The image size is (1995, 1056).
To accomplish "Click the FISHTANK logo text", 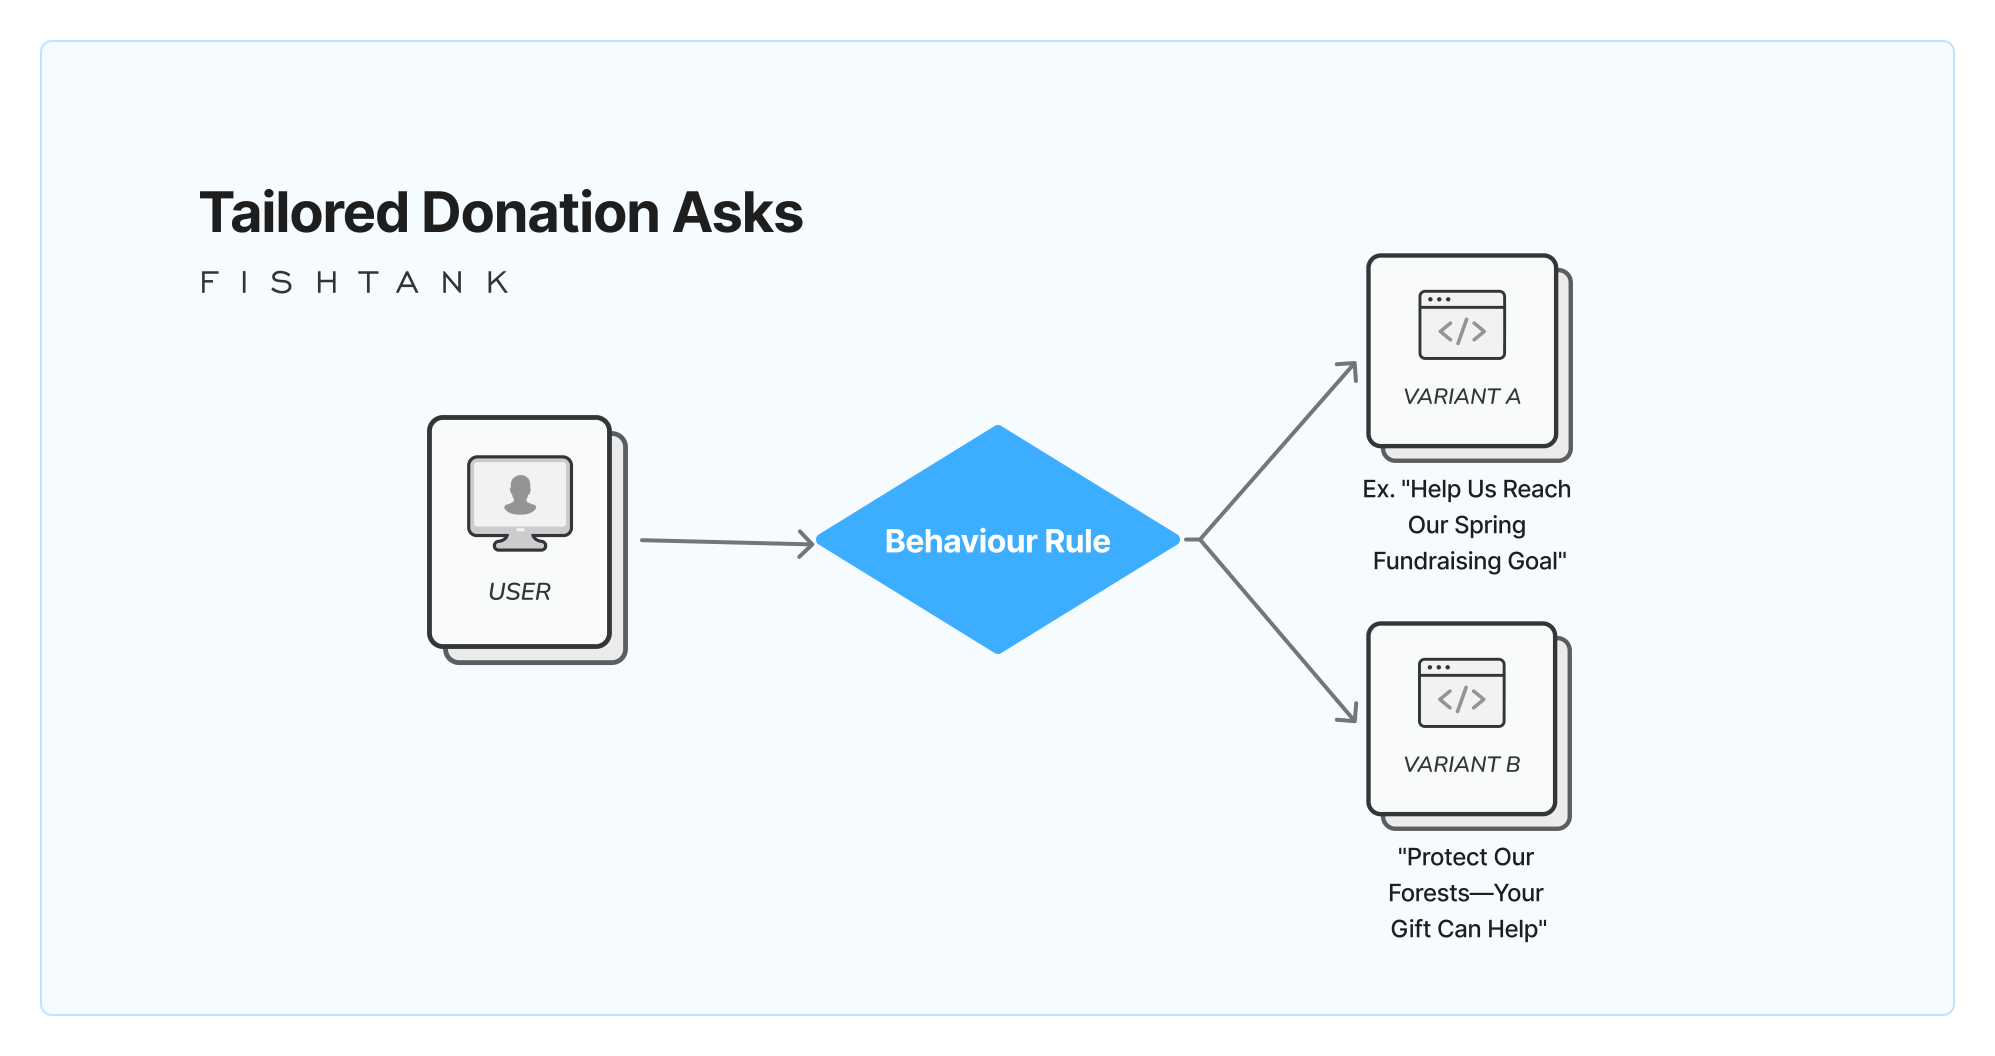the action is [354, 282].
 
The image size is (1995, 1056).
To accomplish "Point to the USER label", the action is [519, 591].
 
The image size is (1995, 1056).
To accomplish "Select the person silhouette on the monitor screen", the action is [519, 494].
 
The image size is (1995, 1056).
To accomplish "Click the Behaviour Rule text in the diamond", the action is [997, 541].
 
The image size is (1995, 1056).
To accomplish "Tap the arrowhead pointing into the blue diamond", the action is [807, 543].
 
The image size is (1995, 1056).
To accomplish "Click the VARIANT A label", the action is [1462, 396].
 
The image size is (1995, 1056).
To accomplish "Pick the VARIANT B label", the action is [1462, 764].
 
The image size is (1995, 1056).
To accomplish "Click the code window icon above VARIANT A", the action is [1462, 325].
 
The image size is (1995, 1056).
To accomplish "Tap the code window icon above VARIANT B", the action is [1462, 693].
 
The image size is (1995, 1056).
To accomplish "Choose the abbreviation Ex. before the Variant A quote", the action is [1378, 489].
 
